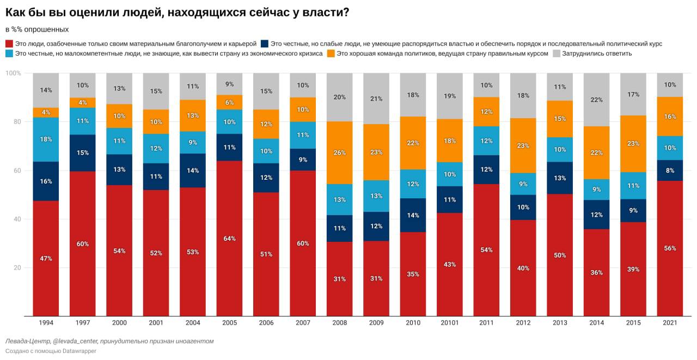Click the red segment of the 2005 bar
(229, 238)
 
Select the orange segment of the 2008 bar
(339, 152)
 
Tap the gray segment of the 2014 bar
(596, 100)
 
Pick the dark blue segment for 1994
(46, 181)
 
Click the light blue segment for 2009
(376, 196)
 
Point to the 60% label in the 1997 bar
(83, 244)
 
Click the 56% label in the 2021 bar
(670, 248)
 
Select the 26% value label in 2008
(339, 153)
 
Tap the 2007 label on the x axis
(303, 323)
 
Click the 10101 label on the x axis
(450, 323)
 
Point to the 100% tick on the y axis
(13, 73)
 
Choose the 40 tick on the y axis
(17, 219)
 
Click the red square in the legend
(9, 44)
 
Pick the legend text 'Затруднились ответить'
(597, 53)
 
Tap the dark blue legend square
(264, 44)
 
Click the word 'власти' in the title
(322, 13)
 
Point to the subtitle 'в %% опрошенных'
(36, 29)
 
